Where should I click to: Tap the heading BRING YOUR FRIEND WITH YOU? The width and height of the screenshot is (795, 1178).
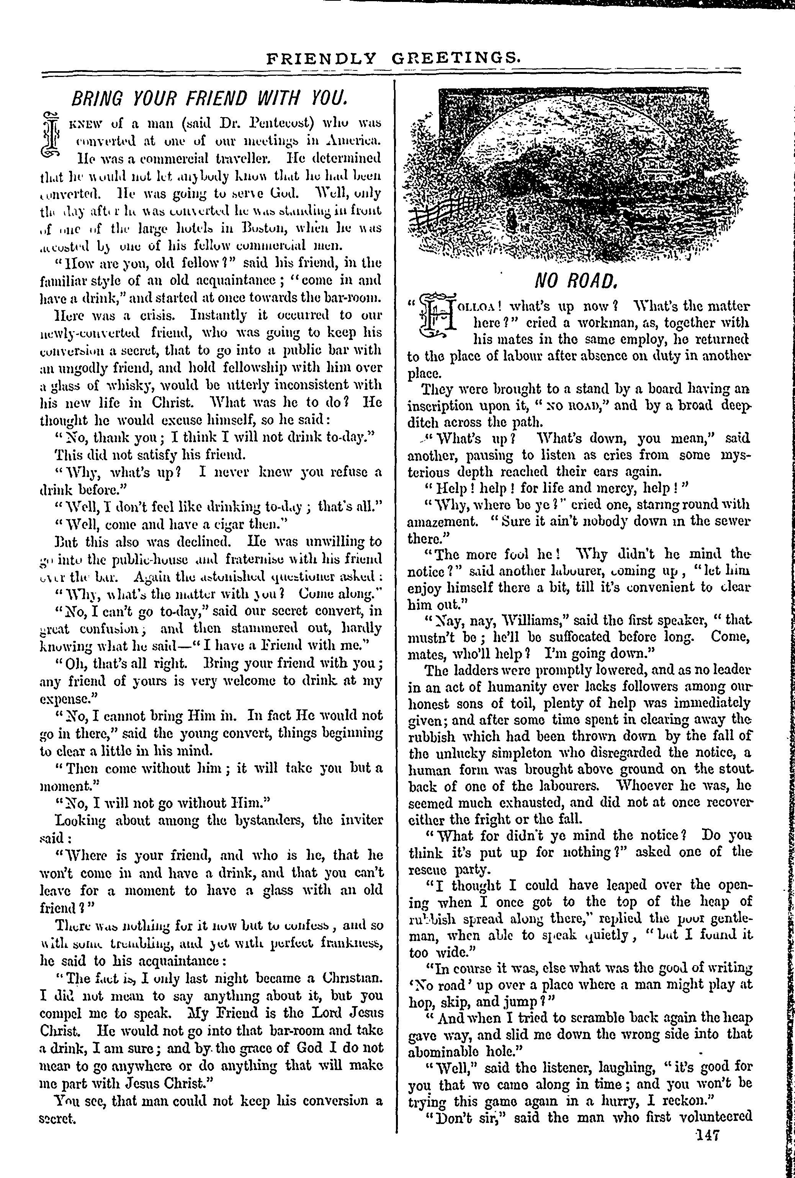point(209,98)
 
